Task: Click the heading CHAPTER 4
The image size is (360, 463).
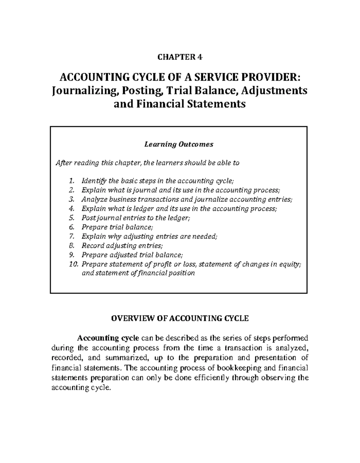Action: [180, 57]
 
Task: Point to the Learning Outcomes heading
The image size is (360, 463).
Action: [179, 144]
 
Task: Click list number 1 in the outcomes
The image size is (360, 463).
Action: [71, 181]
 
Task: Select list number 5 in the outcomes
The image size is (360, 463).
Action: [71, 218]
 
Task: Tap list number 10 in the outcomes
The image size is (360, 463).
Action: [73, 264]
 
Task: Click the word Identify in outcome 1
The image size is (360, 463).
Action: [94, 181]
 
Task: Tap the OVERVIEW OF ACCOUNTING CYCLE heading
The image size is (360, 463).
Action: [180, 318]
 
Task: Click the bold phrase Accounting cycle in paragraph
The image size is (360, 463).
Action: [108, 338]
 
